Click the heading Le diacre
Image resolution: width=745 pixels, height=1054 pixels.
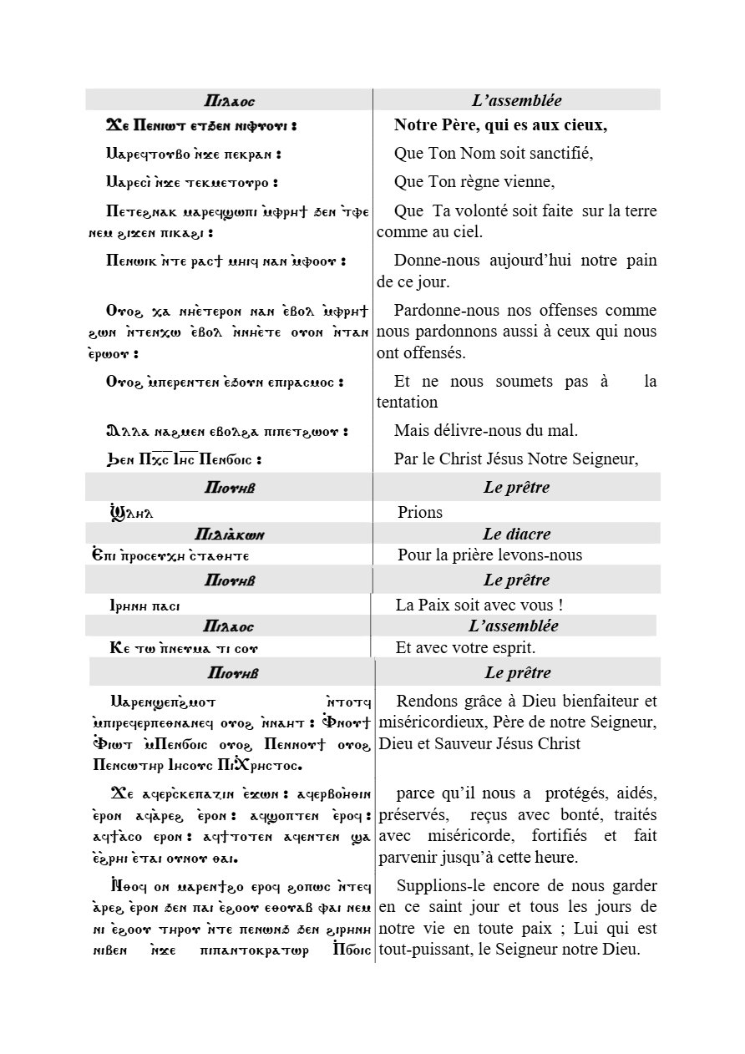[x=516, y=534]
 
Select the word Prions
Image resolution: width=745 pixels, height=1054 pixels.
[x=419, y=512]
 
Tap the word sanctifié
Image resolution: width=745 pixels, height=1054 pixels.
[x=560, y=154]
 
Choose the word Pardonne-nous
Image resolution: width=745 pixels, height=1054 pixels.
[x=443, y=310]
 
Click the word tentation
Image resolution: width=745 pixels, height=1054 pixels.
[x=407, y=402]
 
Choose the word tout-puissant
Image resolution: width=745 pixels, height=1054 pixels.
[x=421, y=949]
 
